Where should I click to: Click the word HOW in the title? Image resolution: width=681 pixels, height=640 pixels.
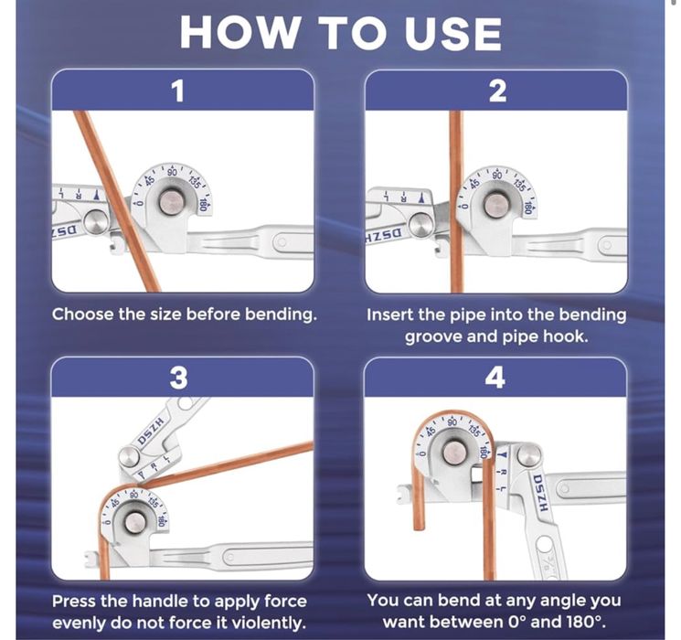pyautogui.click(x=239, y=33)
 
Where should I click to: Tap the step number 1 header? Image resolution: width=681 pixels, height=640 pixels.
pyautogui.click(x=178, y=91)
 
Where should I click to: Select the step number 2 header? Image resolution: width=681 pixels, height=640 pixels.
pyautogui.click(x=497, y=91)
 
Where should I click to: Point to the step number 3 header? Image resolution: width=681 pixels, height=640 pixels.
pyautogui.click(x=178, y=378)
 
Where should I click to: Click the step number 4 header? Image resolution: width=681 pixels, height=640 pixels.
pyautogui.click(x=495, y=378)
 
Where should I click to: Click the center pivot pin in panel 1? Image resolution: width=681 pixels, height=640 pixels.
pyautogui.click(x=171, y=202)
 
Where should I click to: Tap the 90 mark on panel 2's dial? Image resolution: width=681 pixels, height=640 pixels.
pyautogui.click(x=497, y=176)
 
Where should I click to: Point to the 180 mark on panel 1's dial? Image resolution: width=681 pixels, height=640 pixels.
pyautogui.click(x=202, y=204)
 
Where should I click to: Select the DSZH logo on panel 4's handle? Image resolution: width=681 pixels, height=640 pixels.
pyautogui.click(x=541, y=492)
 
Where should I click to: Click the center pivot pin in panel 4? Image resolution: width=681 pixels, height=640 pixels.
pyautogui.click(x=454, y=453)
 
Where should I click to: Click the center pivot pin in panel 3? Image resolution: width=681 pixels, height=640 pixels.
pyautogui.click(x=134, y=522)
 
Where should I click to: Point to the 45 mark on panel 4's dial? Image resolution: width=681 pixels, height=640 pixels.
pyautogui.click(x=431, y=431)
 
